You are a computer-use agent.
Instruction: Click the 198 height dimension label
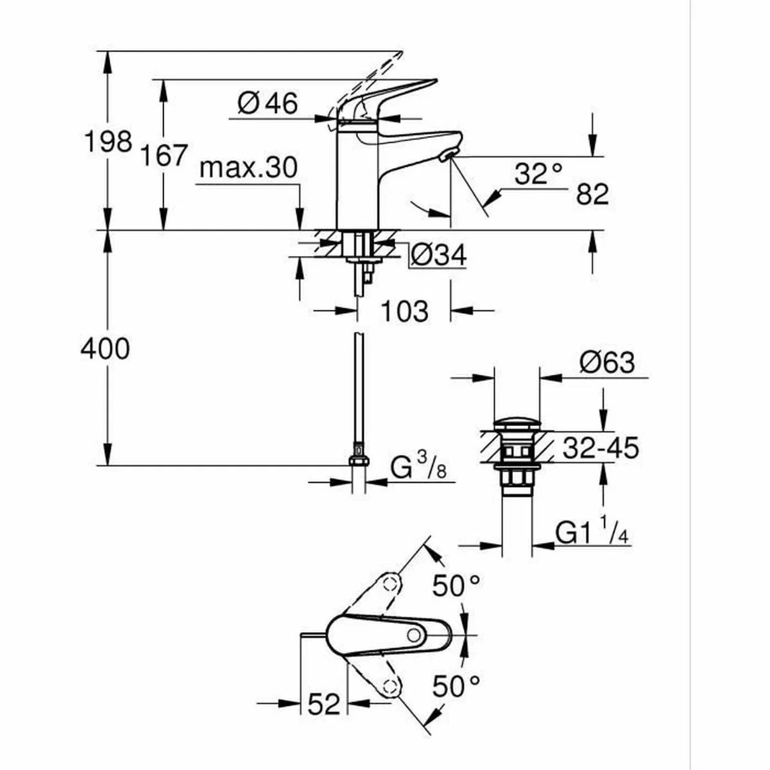click(108, 141)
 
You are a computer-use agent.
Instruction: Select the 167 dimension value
click(164, 155)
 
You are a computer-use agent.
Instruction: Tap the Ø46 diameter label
click(268, 103)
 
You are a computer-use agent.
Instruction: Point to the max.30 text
click(248, 168)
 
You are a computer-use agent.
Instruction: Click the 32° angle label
click(538, 174)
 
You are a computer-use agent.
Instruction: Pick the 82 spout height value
click(592, 194)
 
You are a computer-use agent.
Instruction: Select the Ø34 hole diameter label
click(438, 255)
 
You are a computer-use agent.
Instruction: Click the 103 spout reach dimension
click(404, 312)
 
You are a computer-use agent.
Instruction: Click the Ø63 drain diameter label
click(606, 363)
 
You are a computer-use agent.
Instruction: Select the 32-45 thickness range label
click(601, 448)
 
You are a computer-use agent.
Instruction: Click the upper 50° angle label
click(456, 585)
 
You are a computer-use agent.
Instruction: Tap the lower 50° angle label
click(456, 686)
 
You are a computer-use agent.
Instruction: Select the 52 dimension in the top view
click(323, 705)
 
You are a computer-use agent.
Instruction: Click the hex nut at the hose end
click(359, 460)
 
